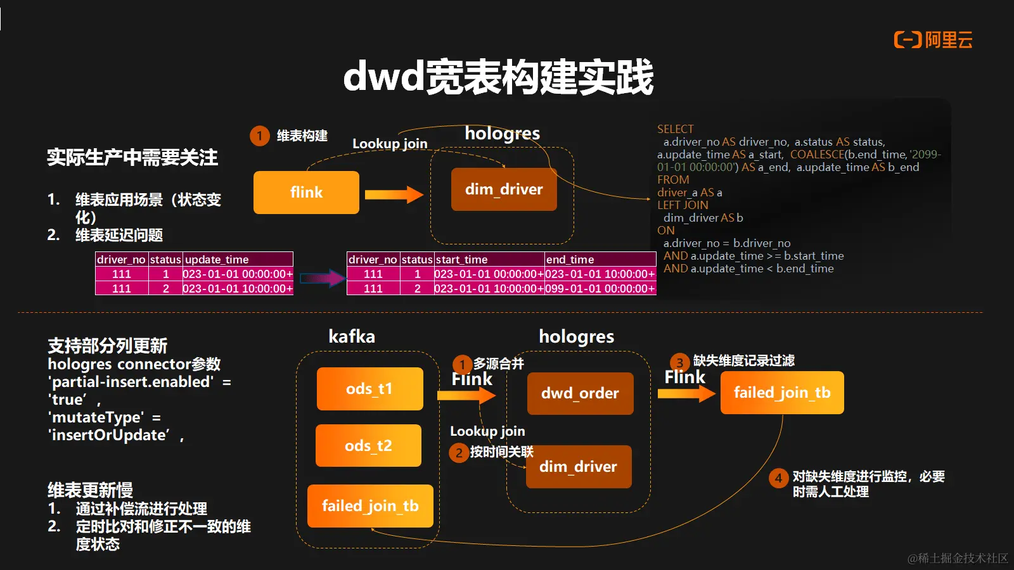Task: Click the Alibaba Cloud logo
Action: [932, 40]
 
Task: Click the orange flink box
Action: [306, 193]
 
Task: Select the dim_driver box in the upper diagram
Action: [504, 189]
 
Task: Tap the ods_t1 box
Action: [369, 389]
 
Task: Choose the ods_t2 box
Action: [368, 446]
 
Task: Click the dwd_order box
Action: [580, 393]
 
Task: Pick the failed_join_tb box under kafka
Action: [370, 506]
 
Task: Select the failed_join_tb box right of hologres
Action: [782, 393]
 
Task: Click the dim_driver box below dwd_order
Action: [578, 467]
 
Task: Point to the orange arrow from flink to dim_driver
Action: [394, 194]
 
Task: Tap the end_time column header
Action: [570, 260]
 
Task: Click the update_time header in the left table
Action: [217, 260]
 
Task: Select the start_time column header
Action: [461, 260]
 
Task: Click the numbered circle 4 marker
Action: [778, 478]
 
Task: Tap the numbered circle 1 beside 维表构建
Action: [259, 136]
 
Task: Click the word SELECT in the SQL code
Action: [675, 129]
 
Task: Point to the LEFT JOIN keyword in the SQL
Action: [683, 205]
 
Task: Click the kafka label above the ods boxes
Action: [352, 336]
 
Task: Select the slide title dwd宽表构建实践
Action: [498, 77]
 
